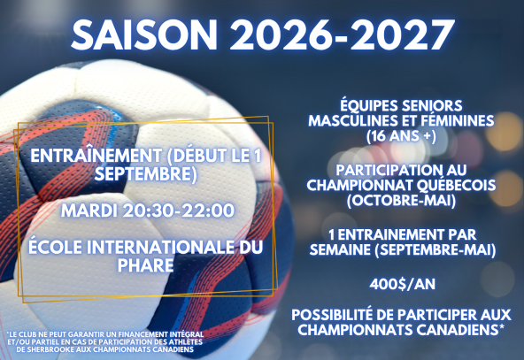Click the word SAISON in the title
point(144,35)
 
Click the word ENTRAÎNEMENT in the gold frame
point(96,156)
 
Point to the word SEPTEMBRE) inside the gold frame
point(146,174)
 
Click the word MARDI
point(89,211)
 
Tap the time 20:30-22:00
point(179,211)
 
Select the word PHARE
point(146,265)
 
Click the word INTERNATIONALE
point(158,247)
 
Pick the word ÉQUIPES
point(368,106)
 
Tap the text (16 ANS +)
point(401,136)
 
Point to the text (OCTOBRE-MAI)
point(401,201)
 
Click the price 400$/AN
point(403,285)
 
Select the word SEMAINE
point(340,249)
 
